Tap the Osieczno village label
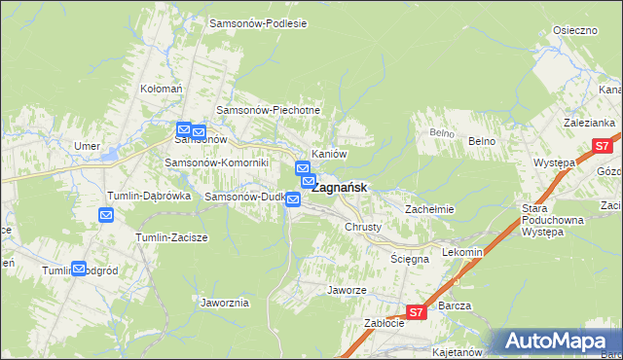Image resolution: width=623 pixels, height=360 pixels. click(x=574, y=31)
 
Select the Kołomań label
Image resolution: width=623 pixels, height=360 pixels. click(x=162, y=89)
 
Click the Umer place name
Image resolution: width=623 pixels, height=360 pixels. click(x=89, y=146)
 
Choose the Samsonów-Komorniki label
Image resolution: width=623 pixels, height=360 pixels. click(x=215, y=162)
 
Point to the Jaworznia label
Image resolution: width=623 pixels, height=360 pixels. click(x=225, y=303)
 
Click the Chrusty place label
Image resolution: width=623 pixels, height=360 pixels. click(x=363, y=227)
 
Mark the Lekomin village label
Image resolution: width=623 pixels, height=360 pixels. click(x=461, y=252)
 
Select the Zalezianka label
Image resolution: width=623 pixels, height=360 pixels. click(x=589, y=123)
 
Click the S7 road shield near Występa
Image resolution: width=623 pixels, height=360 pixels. click(x=602, y=147)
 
